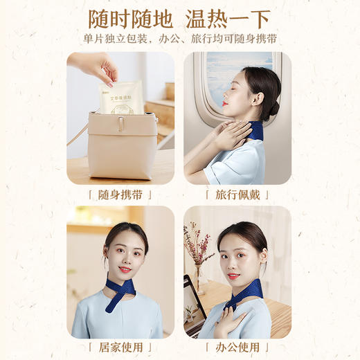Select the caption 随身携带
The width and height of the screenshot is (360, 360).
tap(120, 195)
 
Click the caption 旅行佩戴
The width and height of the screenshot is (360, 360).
tap(237, 195)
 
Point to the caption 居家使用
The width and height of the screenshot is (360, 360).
tap(120, 347)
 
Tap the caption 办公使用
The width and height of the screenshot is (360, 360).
tap(237, 347)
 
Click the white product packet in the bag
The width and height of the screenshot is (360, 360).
tap(120, 97)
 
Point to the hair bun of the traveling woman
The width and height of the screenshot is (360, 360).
tap(275, 107)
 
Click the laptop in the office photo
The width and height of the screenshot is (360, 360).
tap(194, 305)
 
